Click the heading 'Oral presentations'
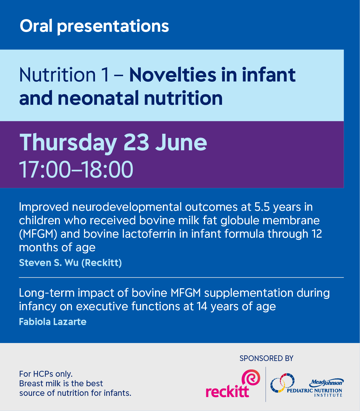94,26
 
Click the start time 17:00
45,169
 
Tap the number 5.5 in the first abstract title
262,207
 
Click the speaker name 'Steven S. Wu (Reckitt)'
70,263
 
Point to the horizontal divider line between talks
181,278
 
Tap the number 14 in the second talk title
202,306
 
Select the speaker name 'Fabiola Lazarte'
53,322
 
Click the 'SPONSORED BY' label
266,358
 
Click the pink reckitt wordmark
227,391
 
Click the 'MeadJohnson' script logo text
327,382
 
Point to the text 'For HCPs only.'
46,374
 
